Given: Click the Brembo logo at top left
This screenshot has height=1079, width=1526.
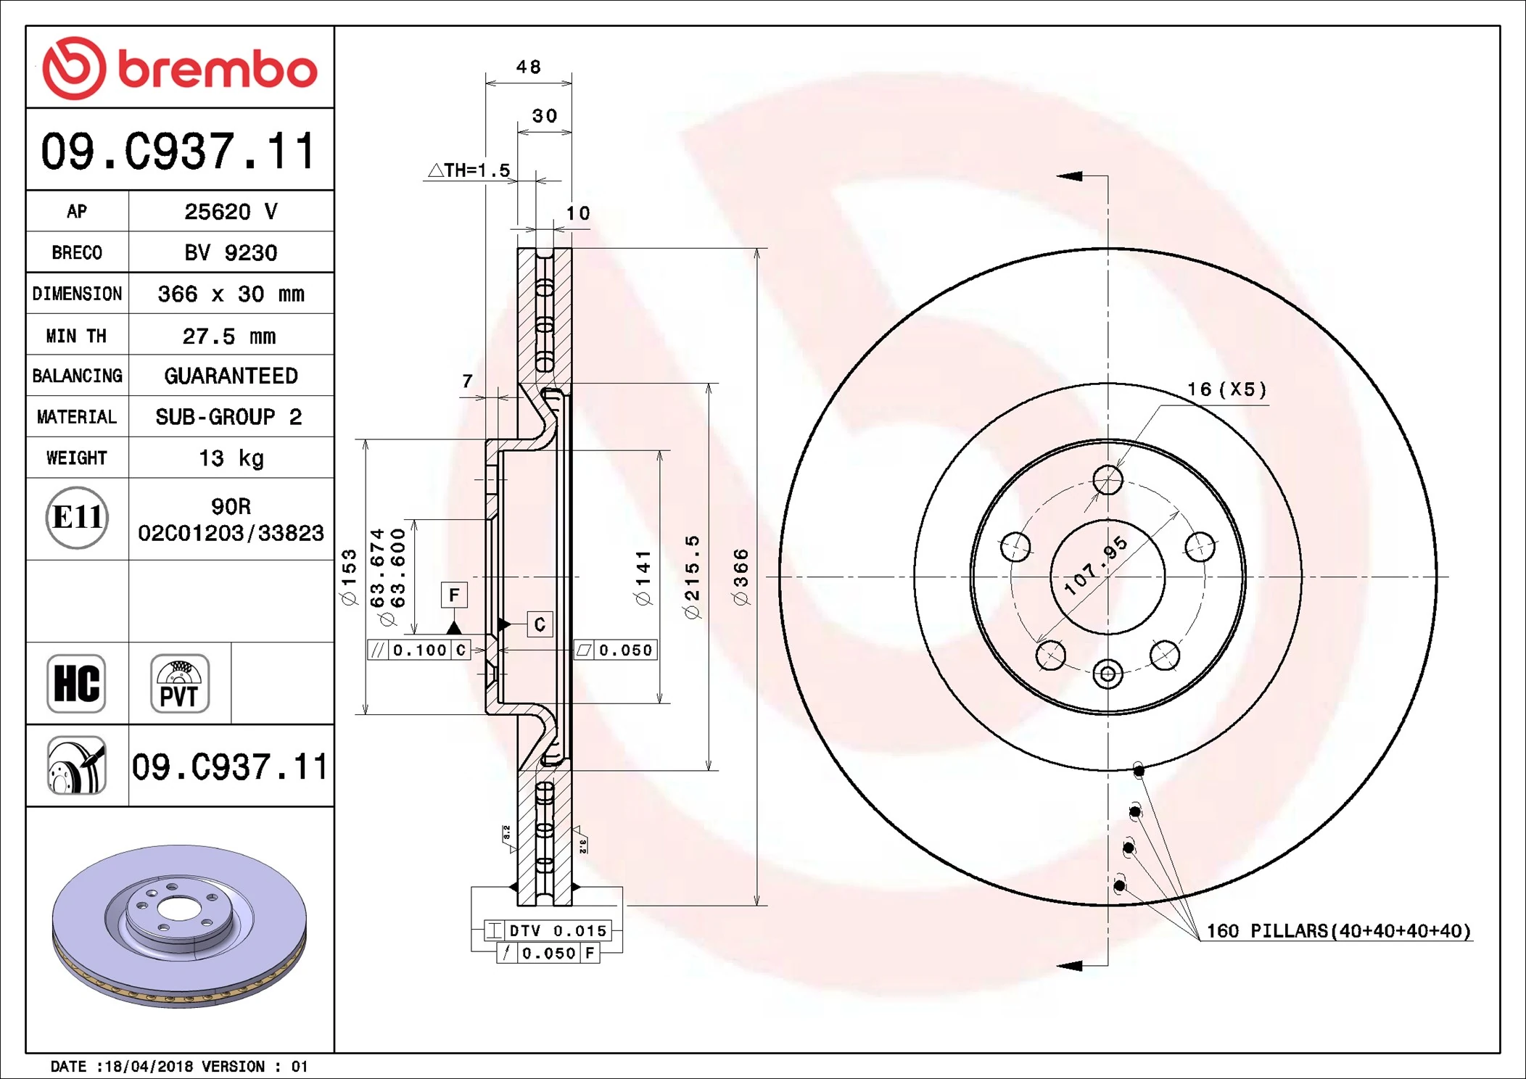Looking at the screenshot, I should pos(179,68).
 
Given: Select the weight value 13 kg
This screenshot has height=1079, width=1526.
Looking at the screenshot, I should pos(231,458).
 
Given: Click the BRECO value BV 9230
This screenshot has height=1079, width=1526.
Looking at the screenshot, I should pos(231,253).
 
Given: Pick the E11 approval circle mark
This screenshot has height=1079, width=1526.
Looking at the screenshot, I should pos(77,518).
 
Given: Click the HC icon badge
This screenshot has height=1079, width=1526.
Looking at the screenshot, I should pos(76,684).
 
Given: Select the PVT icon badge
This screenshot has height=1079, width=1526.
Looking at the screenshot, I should pos(179,684).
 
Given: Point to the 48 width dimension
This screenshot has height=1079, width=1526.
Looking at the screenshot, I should pos(528,67).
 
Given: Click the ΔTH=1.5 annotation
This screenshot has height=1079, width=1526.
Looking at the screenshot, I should pos(469,170).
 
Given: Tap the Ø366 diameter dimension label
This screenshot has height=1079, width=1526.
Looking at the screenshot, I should pos(740,576).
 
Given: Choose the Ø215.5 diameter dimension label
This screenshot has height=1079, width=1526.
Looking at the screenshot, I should pos(692,576).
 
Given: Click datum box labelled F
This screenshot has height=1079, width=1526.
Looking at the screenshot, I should pos(454,595).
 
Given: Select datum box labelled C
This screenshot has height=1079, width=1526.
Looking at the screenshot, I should pos(539,624).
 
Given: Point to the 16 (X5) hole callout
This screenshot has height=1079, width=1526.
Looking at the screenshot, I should pos(1226,389).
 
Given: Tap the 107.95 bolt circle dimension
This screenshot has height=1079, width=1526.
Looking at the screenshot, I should pos(1096,566).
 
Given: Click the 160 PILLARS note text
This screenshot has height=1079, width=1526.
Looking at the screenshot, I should pos(1337,931).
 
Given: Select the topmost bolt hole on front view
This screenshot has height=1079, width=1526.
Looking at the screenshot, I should pos(1108,480).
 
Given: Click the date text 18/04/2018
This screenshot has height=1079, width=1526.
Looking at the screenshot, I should pos(149,1067).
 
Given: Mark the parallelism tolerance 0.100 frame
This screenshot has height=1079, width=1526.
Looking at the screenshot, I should pos(420,650).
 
